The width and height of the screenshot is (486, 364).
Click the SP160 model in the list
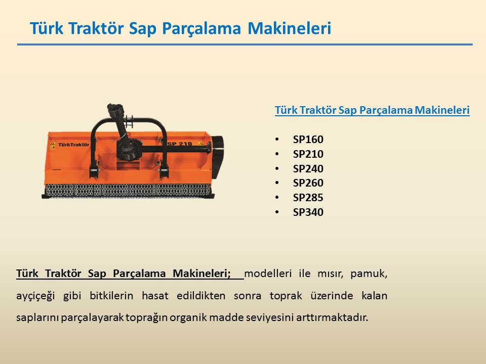click(308, 140)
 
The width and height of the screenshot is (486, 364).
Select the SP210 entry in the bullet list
click(308, 154)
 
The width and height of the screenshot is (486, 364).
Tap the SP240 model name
click(308, 169)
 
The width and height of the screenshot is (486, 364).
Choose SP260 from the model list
click(308, 183)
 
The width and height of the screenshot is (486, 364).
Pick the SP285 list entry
click(308, 198)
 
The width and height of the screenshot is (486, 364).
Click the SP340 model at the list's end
click(308, 212)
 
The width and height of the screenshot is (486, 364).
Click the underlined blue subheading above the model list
click(372, 110)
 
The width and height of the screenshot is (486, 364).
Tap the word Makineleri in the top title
click(290, 28)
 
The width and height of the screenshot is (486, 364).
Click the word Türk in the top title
click(47, 28)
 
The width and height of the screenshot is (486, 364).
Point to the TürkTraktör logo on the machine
click(73, 145)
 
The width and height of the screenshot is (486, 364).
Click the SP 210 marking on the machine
click(180, 144)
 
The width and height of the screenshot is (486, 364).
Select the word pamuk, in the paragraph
click(369, 274)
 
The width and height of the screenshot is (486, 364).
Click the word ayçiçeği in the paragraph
click(35, 296)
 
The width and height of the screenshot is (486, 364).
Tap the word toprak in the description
click(286, 296)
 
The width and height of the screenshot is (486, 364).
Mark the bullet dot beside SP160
click(277, 140)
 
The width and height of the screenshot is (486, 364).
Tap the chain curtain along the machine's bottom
click(128, 190)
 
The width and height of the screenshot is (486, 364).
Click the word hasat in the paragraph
click(155, 296)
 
